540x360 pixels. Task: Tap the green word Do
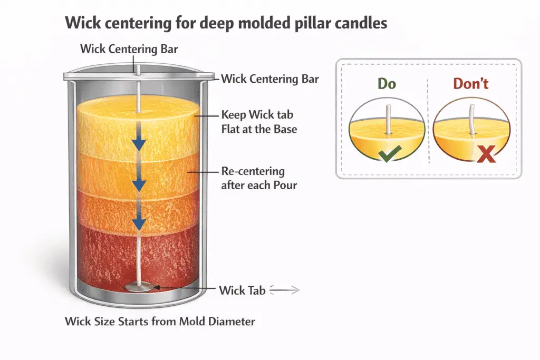pyautogui.click(x=387, y=83)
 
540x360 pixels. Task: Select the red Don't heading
pyautogui.click(x=471, y=83)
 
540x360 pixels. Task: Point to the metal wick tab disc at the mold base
pyautogui.click(x=138, y=287)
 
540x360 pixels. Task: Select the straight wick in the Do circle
pyautogui.click(x=388, y=119)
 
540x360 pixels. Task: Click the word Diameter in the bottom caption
pyautogui.click(x=232, y=321)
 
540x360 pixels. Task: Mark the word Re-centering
pyautogui.click(x=253, y=172)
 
